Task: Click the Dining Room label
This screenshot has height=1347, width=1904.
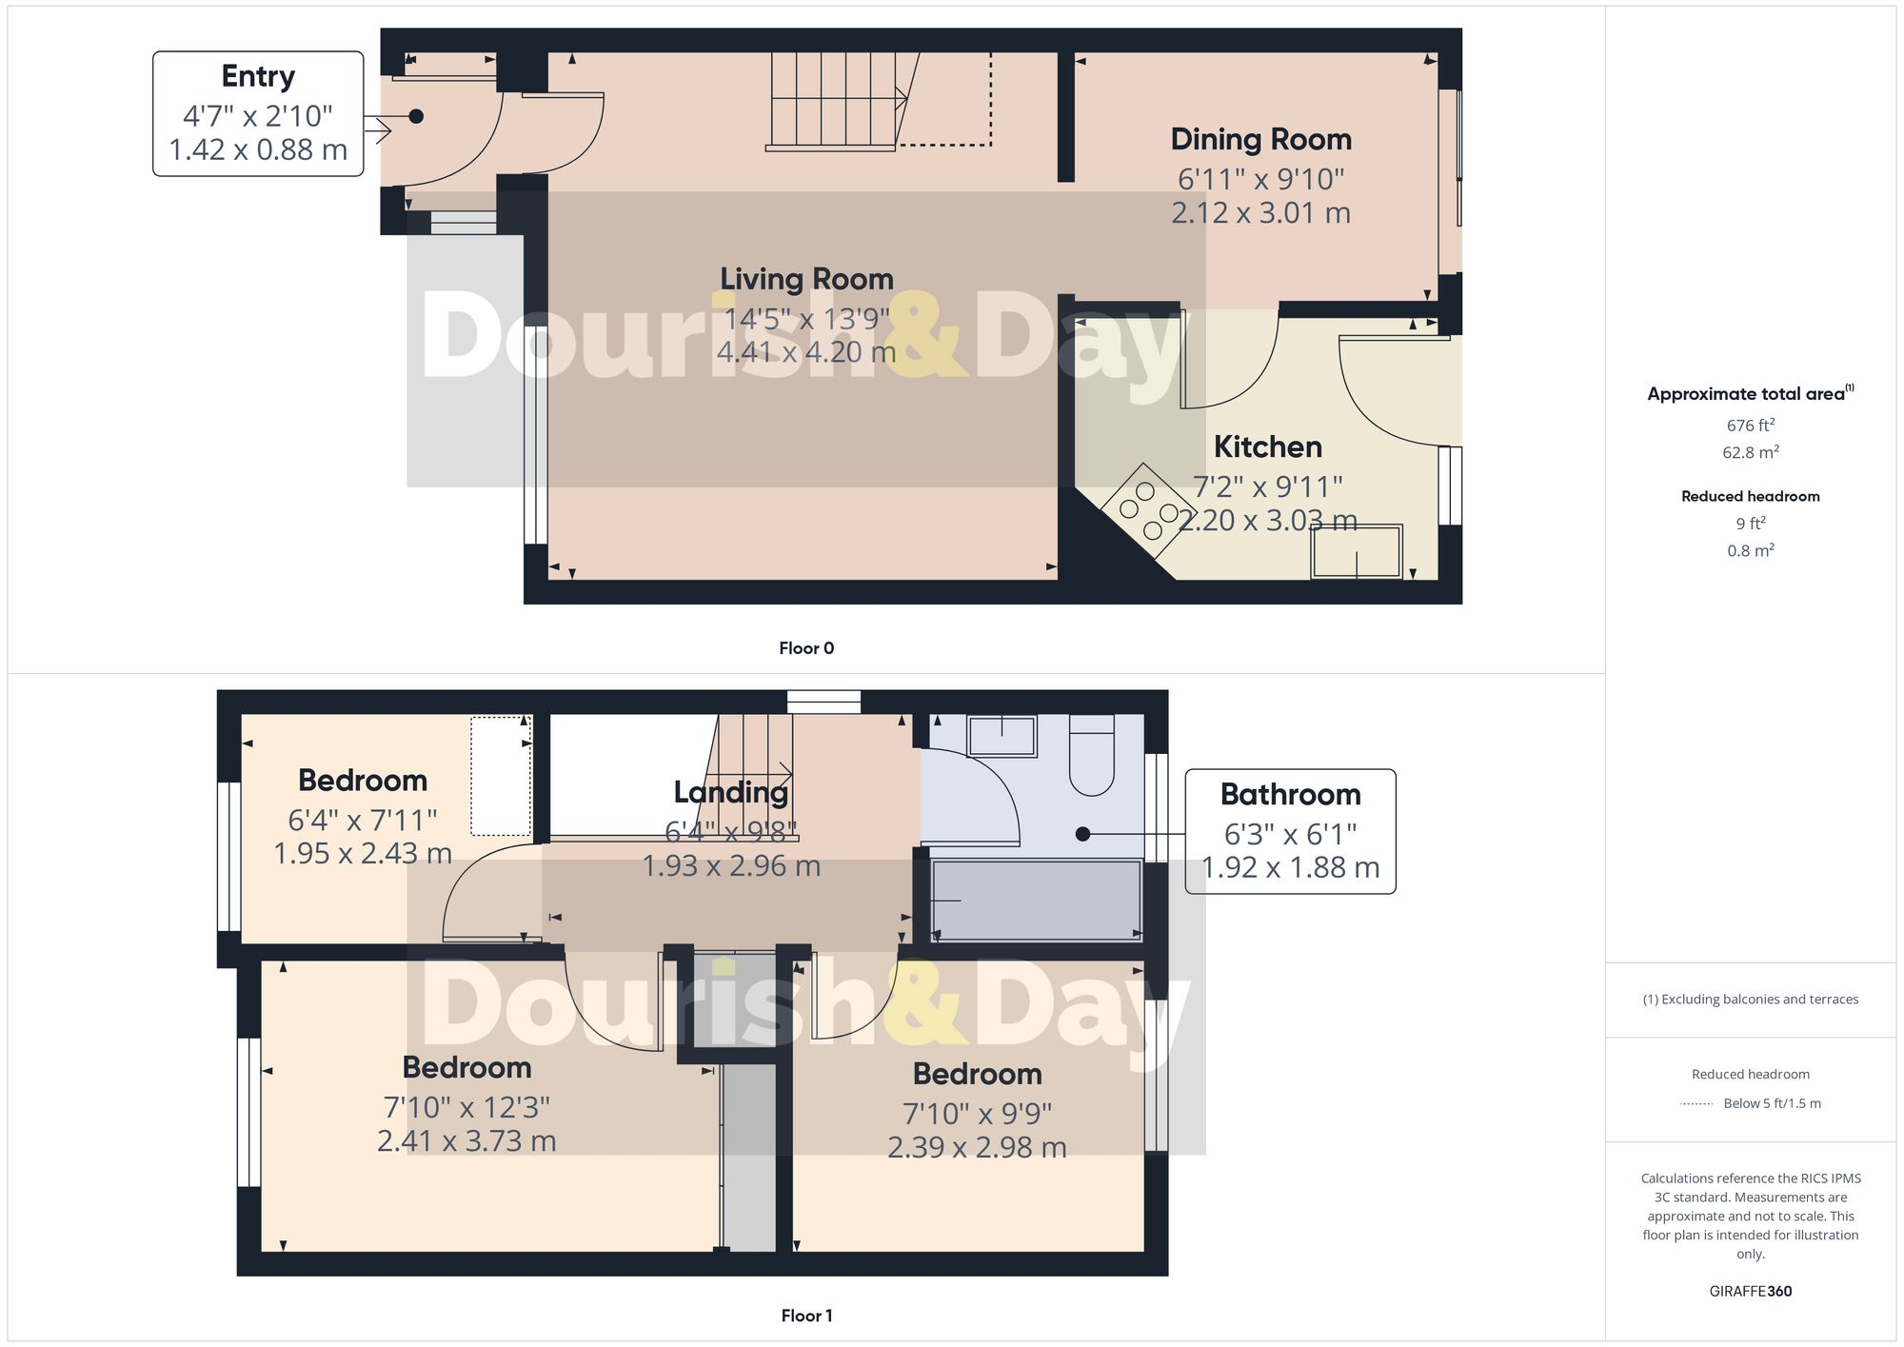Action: (1260, 140)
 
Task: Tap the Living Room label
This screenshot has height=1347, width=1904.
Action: (806, 279)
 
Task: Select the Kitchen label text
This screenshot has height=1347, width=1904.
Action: (1267, 446)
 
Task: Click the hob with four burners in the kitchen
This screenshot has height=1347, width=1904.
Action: (1149, 509)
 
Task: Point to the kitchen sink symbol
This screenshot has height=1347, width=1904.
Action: (1357, 552)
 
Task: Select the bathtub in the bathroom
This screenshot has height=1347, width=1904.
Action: (1036, 900)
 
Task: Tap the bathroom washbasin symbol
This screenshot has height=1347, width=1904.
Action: (1002, 736)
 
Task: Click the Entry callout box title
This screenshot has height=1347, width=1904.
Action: (258, 76)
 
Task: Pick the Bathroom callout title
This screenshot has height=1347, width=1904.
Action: (1290, 794)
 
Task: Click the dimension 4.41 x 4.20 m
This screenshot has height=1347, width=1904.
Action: (806, 352)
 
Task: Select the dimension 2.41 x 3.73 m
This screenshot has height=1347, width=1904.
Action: (466, 1140)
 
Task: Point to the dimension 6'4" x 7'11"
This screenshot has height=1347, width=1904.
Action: (363, 820)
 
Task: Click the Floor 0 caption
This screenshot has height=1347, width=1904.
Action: (806, 648)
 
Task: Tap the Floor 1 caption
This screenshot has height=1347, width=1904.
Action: (806, 1316)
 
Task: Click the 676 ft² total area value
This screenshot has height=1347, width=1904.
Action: (1750, 426)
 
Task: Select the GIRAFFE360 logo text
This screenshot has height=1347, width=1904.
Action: (1750, 1292)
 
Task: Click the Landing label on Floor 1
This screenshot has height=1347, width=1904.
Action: (730, 792)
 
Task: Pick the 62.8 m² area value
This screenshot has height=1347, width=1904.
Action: (1750, 452)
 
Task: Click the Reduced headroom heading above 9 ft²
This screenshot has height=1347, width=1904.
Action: (1750, 496)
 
